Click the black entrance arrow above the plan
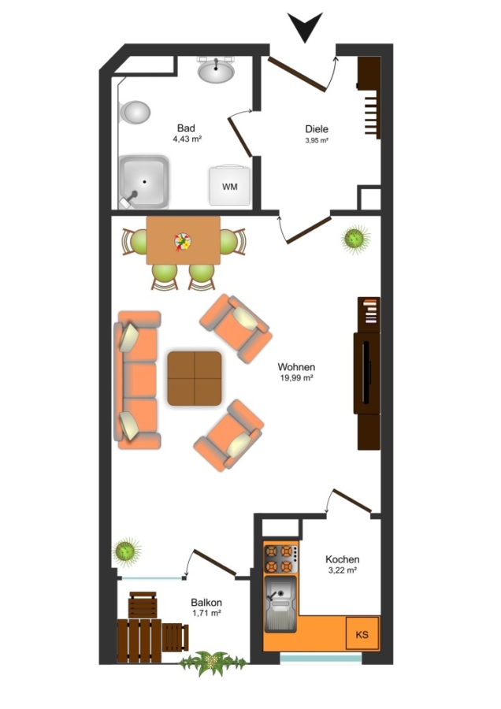305,25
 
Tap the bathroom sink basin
216,71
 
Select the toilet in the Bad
134,112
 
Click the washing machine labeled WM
230,185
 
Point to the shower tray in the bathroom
144,182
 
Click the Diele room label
317,129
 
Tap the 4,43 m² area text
187,139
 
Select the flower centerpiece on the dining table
183,241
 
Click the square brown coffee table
195,378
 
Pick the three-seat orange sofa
137,380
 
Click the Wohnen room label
296,366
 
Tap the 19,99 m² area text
297,377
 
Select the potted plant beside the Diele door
355,238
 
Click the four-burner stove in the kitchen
280,559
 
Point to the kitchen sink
280,603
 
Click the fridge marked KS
362,634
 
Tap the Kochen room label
343,560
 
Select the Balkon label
206,603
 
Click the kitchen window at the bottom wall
321,659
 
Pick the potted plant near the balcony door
125,551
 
